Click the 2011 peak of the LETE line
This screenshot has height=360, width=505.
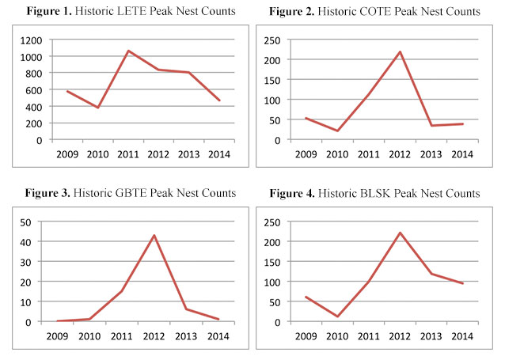pyautogui.click(x=128, y=51)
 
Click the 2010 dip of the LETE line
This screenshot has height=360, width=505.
pyautogui.click(x=97, y=108)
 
